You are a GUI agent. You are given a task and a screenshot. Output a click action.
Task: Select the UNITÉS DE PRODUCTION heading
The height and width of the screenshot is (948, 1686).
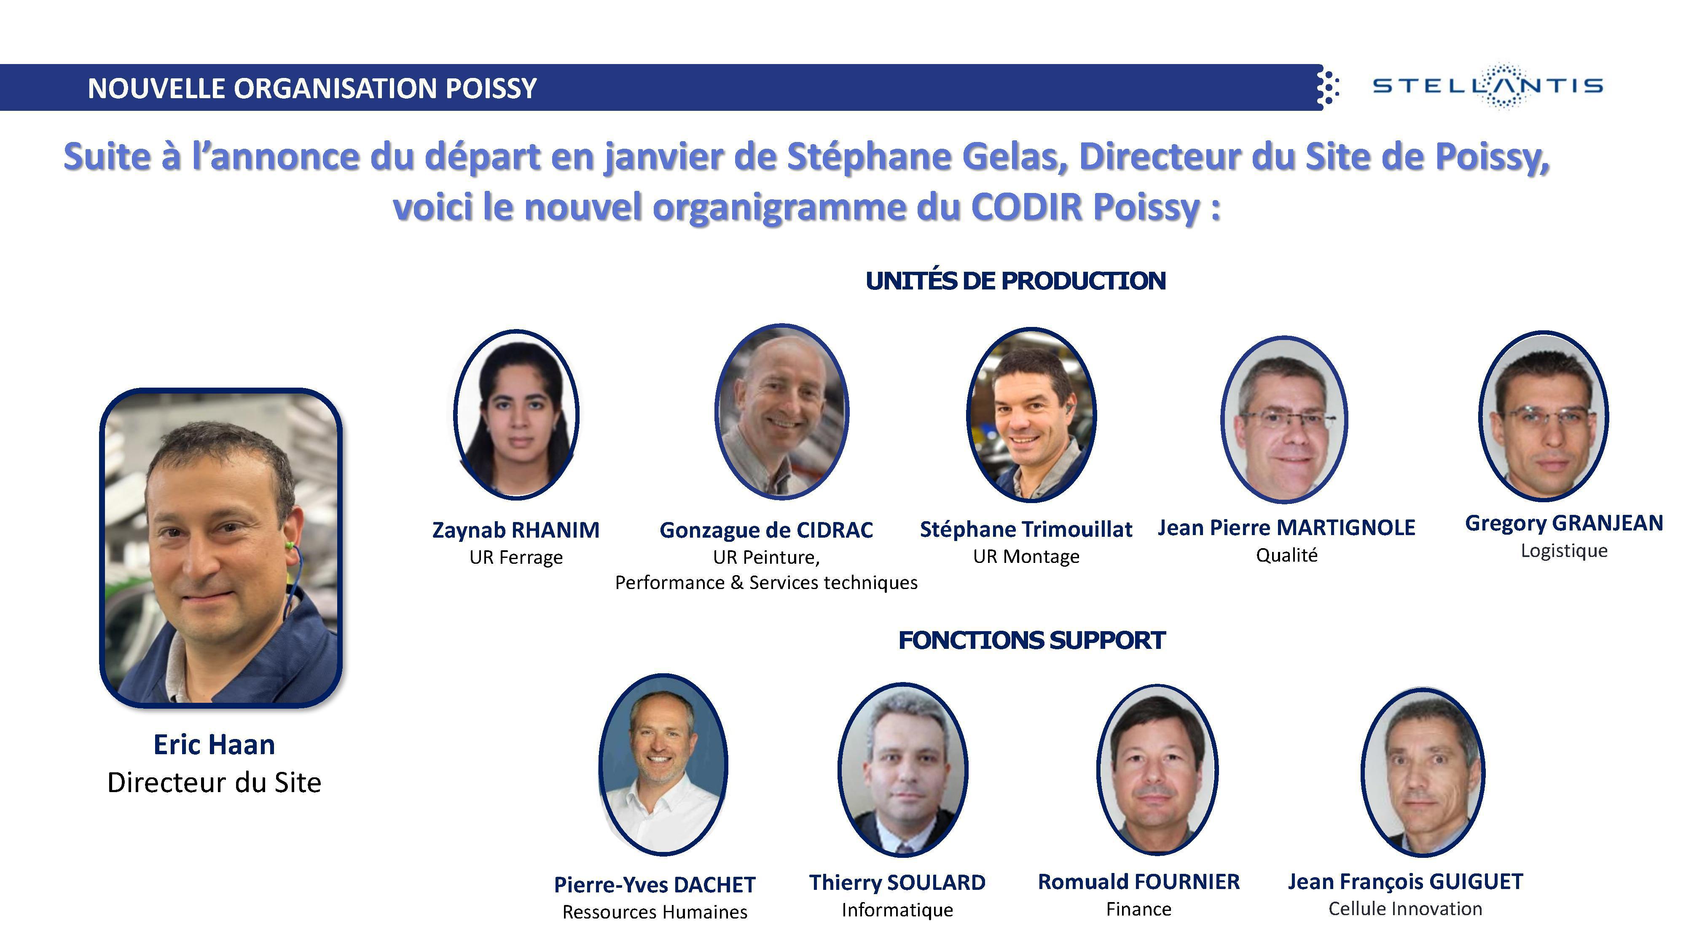(1015, 281)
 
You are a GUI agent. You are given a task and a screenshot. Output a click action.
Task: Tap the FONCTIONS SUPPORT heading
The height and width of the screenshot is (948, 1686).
(1031, 640)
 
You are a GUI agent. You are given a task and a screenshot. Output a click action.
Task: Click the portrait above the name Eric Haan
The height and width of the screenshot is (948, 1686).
(220, 548)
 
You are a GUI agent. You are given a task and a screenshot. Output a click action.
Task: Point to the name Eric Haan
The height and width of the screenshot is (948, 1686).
(214, 744)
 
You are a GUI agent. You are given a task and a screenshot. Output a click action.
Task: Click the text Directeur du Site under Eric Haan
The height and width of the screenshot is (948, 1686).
(214, 782)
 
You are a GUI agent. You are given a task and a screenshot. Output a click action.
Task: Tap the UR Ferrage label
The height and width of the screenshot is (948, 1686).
(516, 557)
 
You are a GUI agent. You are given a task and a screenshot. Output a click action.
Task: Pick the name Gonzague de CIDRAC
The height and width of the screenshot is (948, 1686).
(766, 530)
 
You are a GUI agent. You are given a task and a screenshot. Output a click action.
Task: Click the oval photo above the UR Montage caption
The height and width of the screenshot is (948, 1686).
(1031, 414)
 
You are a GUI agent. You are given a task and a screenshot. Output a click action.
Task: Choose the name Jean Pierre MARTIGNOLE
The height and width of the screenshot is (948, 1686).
(1286, 528)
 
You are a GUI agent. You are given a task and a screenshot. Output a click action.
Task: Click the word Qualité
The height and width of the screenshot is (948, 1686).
(1286, 555)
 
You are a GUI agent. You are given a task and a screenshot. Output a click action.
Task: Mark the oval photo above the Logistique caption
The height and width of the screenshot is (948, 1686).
(1543, 416)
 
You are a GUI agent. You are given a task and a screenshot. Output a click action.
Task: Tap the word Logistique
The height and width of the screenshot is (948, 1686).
(1564, 551)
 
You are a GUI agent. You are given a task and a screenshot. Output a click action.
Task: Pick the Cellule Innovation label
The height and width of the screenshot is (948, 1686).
(1405, 909)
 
